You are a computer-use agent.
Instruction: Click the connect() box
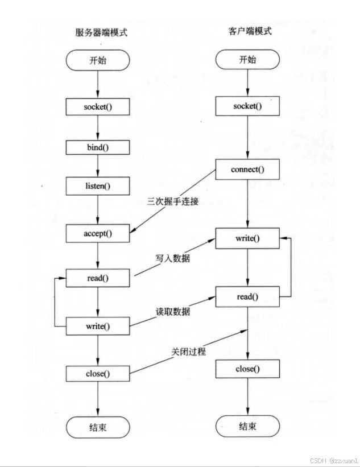point(247,170)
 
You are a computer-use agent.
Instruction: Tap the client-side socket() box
point(247,106)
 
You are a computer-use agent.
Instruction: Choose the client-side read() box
point(247,296)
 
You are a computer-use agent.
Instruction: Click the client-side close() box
point(247,369)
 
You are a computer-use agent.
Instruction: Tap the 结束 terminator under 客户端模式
point(247,426)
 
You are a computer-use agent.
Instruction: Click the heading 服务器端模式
point(101,32)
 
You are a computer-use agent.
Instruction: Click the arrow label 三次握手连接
point(173,202)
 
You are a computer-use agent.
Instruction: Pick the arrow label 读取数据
point(173,312)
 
